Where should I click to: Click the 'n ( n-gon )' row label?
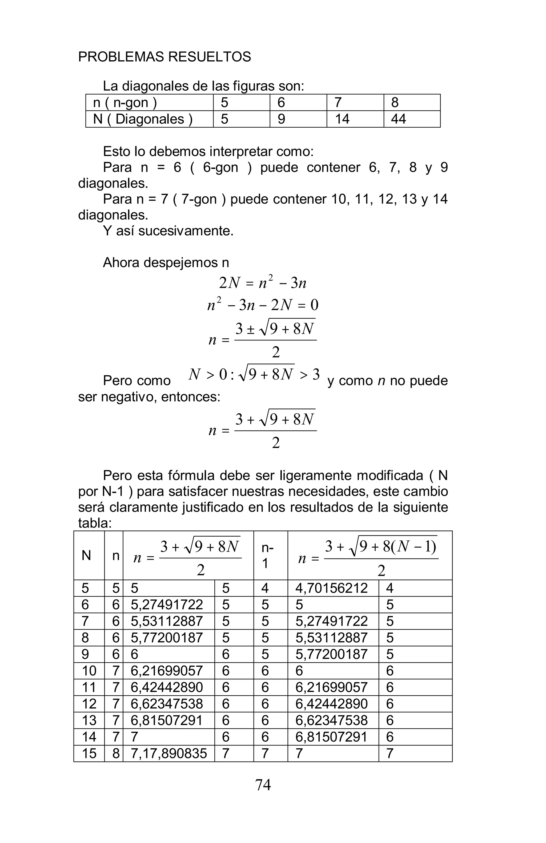pyautogui.click(x=125, y=102)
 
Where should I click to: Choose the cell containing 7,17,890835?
pyautogui.click(x=169, y=754)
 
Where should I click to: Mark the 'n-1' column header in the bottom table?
pyautogui.click(x=267, y=556)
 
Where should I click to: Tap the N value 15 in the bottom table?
pyautogui.click(x=89, y=754)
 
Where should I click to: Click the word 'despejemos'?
pyautogui.click(x=180, y=262)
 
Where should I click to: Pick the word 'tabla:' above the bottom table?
pyautogui.click(x=95, y=523)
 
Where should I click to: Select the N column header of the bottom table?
pyautogui.click(x=86, y=556)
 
